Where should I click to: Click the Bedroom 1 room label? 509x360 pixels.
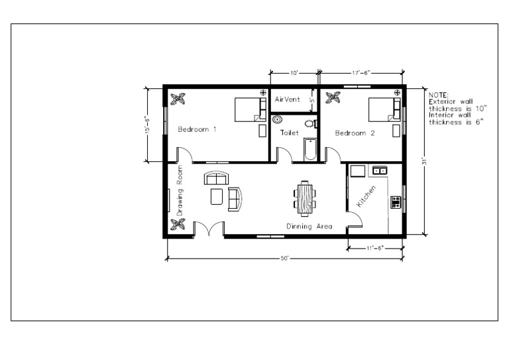pyautogui.click(x=197, y=129)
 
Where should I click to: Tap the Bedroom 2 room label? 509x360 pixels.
pyautogui.click(x=355, y=133)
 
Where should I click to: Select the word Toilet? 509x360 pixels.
pyautogui.click(x=290, y=133)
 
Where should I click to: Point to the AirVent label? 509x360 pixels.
pyautogui.click(x=287, y=99)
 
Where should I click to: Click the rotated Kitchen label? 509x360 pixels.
pyautogui.click(x=367, y=196)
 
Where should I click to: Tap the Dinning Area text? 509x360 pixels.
pyautogui.click(x=309, y=227)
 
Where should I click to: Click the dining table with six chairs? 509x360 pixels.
pyautogui.click(x=305, y=198)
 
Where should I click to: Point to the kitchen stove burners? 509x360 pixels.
pyautogui.click(x=396, y=202)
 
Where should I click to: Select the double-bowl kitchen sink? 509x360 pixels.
pyautogui.click(x=380, y=170)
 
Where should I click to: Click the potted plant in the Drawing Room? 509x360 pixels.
pyautogui.click(x=178, y=225)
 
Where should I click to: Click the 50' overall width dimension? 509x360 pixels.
pyautogui.click(x=284, y=258)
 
